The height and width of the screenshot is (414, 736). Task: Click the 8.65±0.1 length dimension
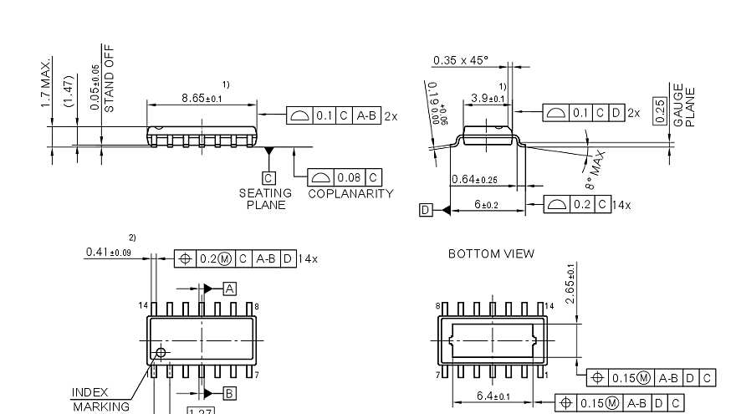[202, 99]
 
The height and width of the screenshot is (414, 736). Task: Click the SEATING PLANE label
[266, 198]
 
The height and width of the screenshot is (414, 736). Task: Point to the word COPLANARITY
[350, 193]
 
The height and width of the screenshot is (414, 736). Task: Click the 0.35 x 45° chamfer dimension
[460, 60]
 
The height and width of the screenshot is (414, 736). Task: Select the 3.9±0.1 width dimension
[488, 98]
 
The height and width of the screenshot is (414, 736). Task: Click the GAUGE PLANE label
[684, 105]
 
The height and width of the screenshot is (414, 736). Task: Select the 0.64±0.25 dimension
[474, 178]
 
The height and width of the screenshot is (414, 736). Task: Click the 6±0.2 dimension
[486, 205]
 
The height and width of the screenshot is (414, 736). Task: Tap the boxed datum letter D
[427, 210]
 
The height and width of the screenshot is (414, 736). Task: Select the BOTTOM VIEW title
[491, 253]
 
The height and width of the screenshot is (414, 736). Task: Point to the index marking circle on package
[161, 352]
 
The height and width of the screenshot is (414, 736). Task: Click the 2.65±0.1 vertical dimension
[571, 284]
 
